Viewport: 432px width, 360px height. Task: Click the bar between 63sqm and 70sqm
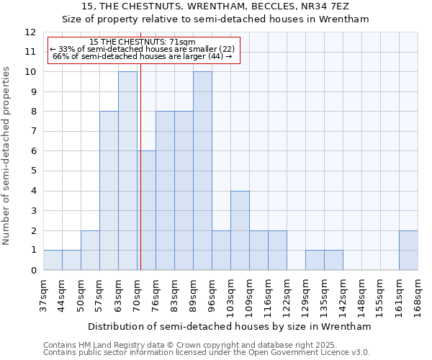pyautogui.click(x=127, y=171)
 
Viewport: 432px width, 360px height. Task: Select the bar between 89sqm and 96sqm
pyautogui.click(x=202, y=171)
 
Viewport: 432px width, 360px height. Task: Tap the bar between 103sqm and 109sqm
pyautogui.click(x=240, y=230)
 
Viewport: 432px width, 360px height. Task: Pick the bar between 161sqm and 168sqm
pyautogui.click(x=408, y=250)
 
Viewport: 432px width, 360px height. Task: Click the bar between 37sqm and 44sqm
pyautogui.click(x=53, y=260)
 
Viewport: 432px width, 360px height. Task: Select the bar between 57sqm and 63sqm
pyautogui.click(x=109, y=191)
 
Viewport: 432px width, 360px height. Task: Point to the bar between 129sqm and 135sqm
pyautogui.click(x=315, y=260)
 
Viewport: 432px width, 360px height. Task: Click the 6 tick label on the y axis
pyautogui.click(x=33, y=151)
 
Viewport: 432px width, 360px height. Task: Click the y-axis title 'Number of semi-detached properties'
pyautogui.click(x=7, y=156)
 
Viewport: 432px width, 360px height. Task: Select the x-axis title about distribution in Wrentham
pyautogui.click(x=230, y=326)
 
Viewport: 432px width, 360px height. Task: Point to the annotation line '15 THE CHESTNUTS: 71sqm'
pyautogui.click(x=143, y=42)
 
